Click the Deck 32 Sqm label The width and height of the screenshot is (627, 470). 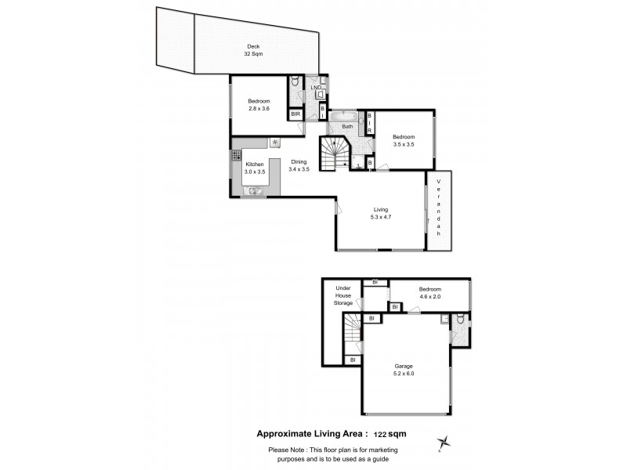254,51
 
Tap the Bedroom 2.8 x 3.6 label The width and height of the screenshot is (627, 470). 259,104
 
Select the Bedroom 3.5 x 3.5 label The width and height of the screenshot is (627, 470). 404,141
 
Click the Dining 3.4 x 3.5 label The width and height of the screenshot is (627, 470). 299,165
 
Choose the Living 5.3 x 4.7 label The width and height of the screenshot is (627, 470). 381,212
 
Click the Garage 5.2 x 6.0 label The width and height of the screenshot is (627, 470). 404,370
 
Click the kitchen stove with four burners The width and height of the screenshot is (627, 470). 235,157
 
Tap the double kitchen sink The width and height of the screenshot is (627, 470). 255,190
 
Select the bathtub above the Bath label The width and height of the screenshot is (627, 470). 344,117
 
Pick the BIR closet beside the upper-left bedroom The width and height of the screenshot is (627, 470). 296,114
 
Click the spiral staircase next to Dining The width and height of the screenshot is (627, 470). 335,153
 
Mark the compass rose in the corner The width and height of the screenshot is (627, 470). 445,443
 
